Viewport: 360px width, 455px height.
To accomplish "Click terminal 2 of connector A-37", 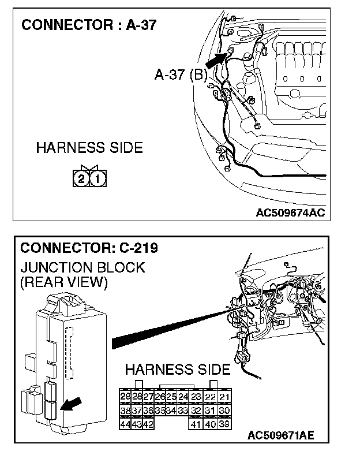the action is [82, 179].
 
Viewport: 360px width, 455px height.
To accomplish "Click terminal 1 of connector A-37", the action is [97, 179].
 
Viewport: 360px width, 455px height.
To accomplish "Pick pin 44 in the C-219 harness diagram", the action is [125, 424].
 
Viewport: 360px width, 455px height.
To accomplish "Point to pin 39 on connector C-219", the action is [224, 424].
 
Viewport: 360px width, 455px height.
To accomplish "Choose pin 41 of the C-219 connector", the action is [196, 424].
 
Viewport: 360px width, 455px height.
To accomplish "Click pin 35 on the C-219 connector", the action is [160, 411].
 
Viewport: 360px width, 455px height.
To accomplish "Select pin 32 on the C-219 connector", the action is [196, 411].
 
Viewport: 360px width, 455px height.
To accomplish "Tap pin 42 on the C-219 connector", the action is [148, 424].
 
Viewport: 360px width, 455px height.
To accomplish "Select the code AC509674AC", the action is [290, 212].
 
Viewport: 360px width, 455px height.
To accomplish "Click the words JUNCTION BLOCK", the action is [82, 268].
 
